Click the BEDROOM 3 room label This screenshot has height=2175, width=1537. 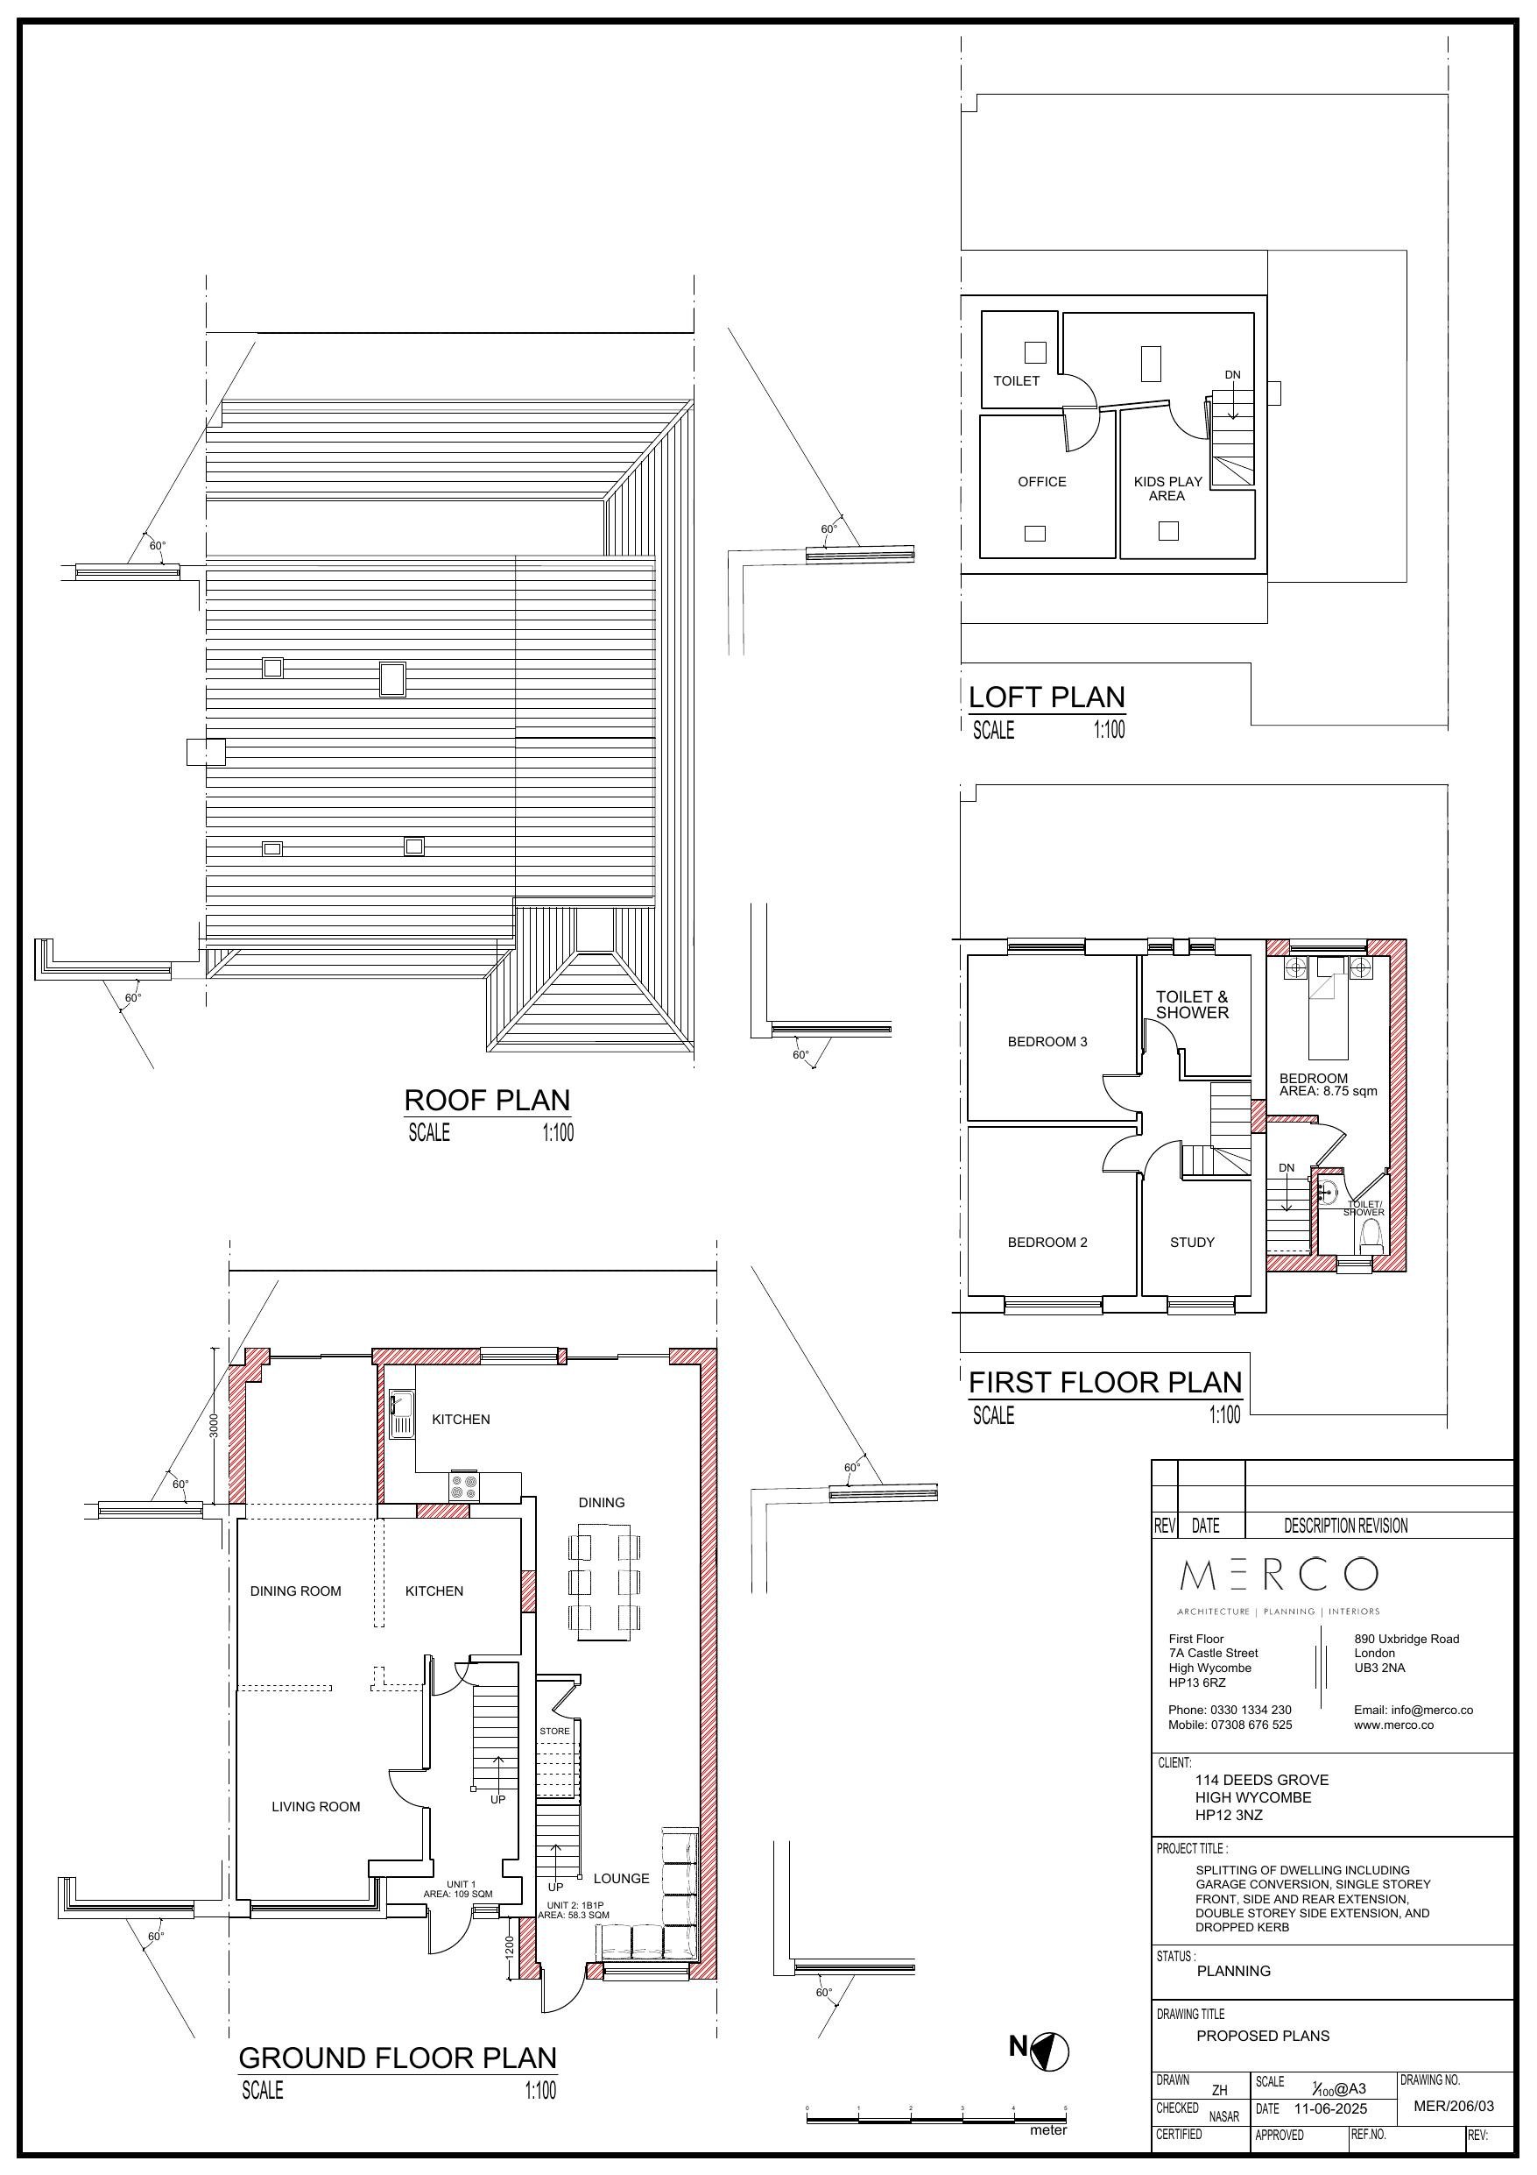point(1047,1042)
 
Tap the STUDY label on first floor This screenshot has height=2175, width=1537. point(1191,1243)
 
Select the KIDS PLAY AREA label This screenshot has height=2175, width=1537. point(1167,489)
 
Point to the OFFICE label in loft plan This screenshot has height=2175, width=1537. point(1041,482)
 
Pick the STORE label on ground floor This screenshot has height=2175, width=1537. point(555,1732)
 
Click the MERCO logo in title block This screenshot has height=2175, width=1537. point(1279,1576)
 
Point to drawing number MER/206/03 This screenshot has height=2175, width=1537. point(1453,2107)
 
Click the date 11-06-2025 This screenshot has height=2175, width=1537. point(1330,2109)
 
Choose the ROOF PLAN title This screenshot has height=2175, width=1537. point(487,1101)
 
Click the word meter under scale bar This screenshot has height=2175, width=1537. point(1047,2130)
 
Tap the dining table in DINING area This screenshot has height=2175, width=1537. point(603,1582)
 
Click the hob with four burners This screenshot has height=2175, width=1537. point(464,1486)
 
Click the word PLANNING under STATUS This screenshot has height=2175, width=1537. point(1233,1972)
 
